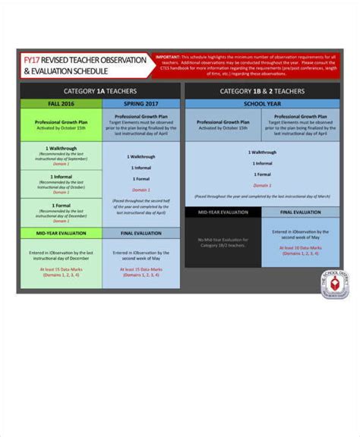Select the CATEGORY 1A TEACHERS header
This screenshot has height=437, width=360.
point(100,91)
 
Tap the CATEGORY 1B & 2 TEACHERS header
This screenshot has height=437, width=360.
point(262,91)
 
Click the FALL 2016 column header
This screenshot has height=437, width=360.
point(61,103)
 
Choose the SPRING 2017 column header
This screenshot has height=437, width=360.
point(141,103)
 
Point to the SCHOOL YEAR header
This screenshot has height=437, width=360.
point(262,103)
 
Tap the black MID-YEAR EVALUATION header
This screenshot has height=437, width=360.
point(223,212)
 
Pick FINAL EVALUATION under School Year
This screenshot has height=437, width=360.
point(301,212)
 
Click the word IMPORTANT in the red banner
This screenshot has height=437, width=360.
point(169,56)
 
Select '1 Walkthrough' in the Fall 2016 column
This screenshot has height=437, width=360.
point(61,149)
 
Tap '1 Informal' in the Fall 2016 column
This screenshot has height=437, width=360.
point(61,177)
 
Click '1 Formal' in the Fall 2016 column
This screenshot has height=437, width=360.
point(61,205)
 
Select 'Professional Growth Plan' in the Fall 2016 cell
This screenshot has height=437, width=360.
point(61,121)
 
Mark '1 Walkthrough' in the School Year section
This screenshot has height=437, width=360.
point(262,152)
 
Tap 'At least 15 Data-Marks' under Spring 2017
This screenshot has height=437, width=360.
point(141,269)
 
